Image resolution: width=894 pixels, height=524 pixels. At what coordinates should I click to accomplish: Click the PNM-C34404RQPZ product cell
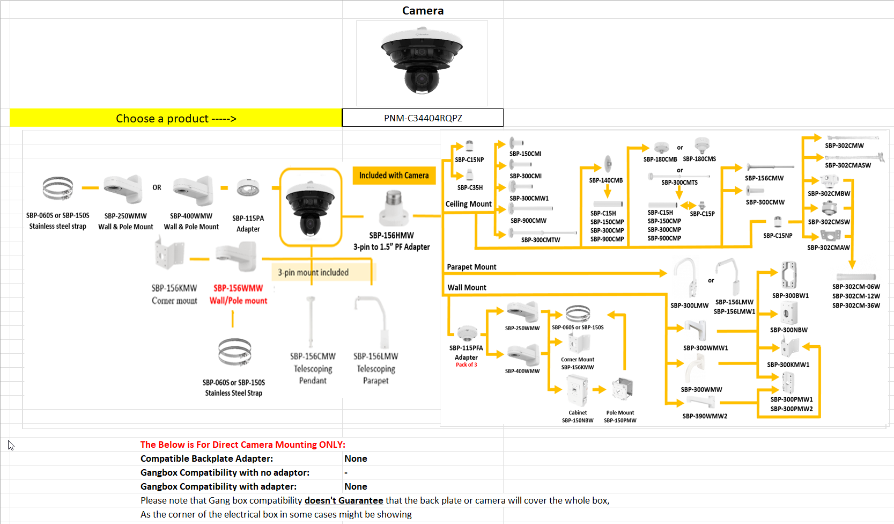pyautogui.click(x=423, y=118)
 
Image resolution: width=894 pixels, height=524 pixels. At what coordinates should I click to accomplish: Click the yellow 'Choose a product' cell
pyautogui.click(x=176, y=118)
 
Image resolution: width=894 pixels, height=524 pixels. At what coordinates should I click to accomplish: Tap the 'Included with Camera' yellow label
pyautogui.click(x=394, y=176)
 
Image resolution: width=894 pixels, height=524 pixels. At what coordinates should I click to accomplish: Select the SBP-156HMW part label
pyautogui.click(x=391, y=236)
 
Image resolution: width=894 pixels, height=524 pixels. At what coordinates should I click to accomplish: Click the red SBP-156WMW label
pyautogui.click(x=238, y=288)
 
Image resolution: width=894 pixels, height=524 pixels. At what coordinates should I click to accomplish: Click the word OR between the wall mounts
pyautogui.click(x=157, y=187)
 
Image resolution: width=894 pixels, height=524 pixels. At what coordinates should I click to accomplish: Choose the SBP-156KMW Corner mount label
pyautogui.click(x=174, y=294)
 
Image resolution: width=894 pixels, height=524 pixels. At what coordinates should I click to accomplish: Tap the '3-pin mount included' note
pyautogui.click(x=313, y=273)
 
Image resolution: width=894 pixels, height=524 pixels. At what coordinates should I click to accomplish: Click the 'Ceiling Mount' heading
pyautogui.click(x=468, y=204)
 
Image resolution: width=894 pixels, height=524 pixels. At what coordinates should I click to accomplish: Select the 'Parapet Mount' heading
pyautogui.click(x=471, y=267)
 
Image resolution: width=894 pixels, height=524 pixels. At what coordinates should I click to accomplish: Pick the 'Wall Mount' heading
pyautogui.click(x=467, y=288)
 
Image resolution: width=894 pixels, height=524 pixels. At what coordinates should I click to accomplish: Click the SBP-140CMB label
pyautogui.click(x=606, y=180)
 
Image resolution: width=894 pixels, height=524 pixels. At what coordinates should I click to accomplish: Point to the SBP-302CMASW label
pyautogui.click(x=848, y=165)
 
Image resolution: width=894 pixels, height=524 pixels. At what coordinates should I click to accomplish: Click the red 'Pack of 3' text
pyautogui.click(x=466, y=365)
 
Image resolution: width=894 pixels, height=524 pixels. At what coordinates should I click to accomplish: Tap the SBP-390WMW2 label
pyautogui.click(x=705, y=416)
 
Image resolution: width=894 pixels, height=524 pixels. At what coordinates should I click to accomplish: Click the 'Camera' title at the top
pyautogui.click(x=423, y=11)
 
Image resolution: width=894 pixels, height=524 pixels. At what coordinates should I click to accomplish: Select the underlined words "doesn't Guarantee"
pyautogui.click(x=344, y=500)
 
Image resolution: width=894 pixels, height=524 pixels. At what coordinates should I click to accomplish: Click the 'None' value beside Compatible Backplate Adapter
pyautogui.click(x=356, y=458)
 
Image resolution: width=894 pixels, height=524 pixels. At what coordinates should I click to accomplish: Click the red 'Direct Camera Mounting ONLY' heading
pyautogui.click(x=243, y=445)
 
